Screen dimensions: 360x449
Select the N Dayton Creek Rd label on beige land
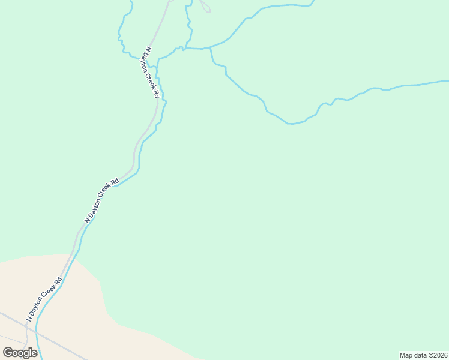tap(44, 298)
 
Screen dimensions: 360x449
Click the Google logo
tap(20, 352)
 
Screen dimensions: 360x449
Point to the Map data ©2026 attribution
tap(423, 355)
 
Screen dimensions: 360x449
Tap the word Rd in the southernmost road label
tap(58, 280)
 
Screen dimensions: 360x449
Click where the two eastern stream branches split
tap(211, 47)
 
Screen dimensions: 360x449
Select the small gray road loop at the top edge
tap(205, 7)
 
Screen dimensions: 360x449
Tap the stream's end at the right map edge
tap(447, 80)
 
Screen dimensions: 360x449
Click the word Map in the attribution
tap(407, 355)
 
